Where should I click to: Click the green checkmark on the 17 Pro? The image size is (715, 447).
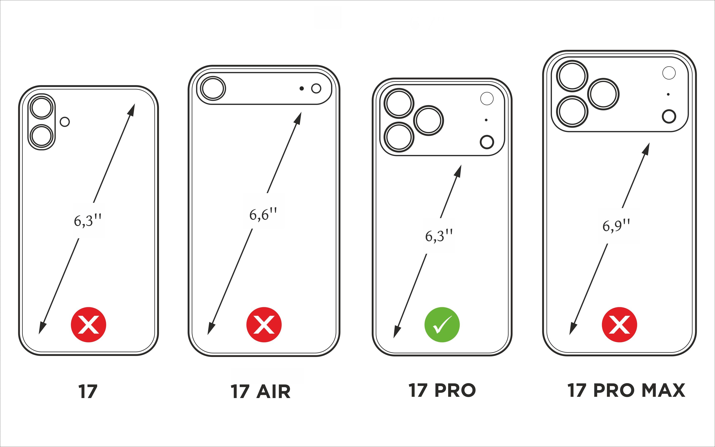442,325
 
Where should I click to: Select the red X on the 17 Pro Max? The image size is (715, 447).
620,325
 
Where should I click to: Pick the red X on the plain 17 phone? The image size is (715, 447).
88,325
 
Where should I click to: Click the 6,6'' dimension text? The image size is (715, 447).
263,214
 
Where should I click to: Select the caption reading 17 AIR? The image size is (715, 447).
261,391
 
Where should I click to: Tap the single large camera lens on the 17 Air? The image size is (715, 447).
213,88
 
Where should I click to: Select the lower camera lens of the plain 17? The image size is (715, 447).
42,137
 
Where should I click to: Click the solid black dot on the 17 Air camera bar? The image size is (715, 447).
302,88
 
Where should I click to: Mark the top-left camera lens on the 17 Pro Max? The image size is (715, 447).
572,76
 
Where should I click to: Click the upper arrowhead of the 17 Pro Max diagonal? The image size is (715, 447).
646,149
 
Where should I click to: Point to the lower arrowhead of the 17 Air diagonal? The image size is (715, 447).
211,329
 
